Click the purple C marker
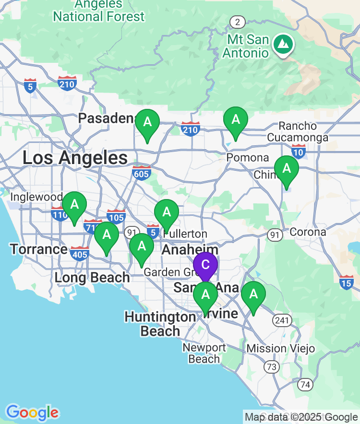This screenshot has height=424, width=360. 205,265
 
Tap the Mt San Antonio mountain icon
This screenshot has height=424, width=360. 284,44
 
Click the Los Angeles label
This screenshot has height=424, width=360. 75,158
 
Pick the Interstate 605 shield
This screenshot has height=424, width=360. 142,173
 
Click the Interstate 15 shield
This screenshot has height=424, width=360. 346,283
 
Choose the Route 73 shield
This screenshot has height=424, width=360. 271,367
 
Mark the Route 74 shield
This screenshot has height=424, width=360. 305,384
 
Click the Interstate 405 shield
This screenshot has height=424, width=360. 79,253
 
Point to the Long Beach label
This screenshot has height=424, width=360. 92,277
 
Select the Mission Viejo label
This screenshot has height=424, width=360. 281,348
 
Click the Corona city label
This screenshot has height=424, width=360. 308,232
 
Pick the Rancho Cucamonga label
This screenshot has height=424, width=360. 304,132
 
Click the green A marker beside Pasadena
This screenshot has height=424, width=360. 147,122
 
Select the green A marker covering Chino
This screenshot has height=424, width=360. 286,169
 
